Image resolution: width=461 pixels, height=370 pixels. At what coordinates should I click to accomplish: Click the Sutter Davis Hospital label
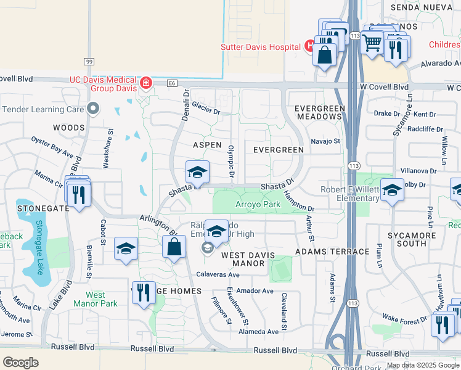coord(261,47)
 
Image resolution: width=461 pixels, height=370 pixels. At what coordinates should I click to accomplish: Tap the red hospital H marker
coord(309,46)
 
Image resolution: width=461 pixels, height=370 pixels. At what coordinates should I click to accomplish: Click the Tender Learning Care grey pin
coord(93,109)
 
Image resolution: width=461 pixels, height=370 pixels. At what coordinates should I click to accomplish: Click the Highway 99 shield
coord(89,61)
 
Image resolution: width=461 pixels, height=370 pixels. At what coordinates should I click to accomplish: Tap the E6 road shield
coord(172,82)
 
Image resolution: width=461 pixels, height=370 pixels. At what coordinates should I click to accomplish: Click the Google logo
coord(20,363)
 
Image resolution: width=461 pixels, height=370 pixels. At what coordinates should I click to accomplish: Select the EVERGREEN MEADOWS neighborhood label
coord(319,113)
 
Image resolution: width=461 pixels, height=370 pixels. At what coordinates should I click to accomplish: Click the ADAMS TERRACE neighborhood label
coord(324,252)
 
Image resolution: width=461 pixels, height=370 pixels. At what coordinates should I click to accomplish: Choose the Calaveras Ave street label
coord(218,274)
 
